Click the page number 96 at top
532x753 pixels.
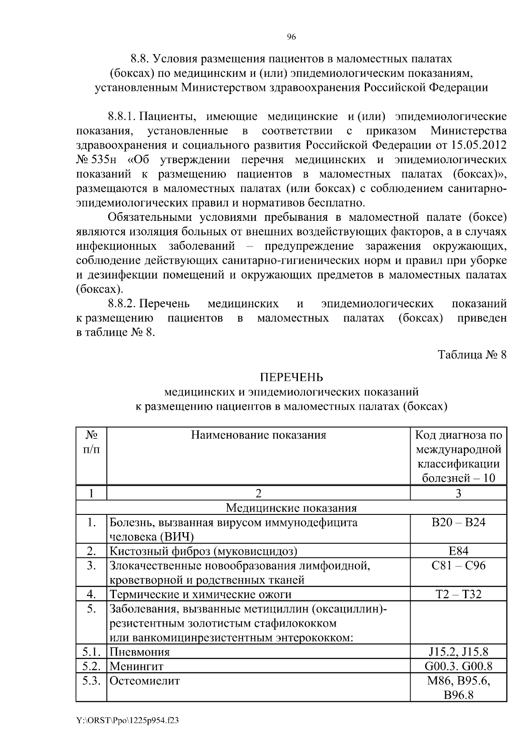(x=291, y=38)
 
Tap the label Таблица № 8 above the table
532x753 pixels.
(x=472, y=355)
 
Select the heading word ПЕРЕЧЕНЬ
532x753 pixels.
(x=291, y=377)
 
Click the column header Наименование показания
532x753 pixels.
(x=258, y=435)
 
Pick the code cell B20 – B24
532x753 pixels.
(x=458, y=522)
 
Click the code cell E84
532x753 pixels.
(x=458, y=551)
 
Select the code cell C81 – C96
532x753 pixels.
(x=458, y=565)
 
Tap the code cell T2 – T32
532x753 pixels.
(x=458, y=594)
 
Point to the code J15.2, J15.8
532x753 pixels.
(x=458, y=652)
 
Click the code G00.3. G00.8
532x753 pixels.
(x=458, y=666)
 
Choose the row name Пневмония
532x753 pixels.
(x=140, y=652)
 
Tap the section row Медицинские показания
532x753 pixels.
(x=291, y=508)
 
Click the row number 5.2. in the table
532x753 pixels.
(x=92, y=666)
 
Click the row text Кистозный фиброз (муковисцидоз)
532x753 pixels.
(x=203, y=551)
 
